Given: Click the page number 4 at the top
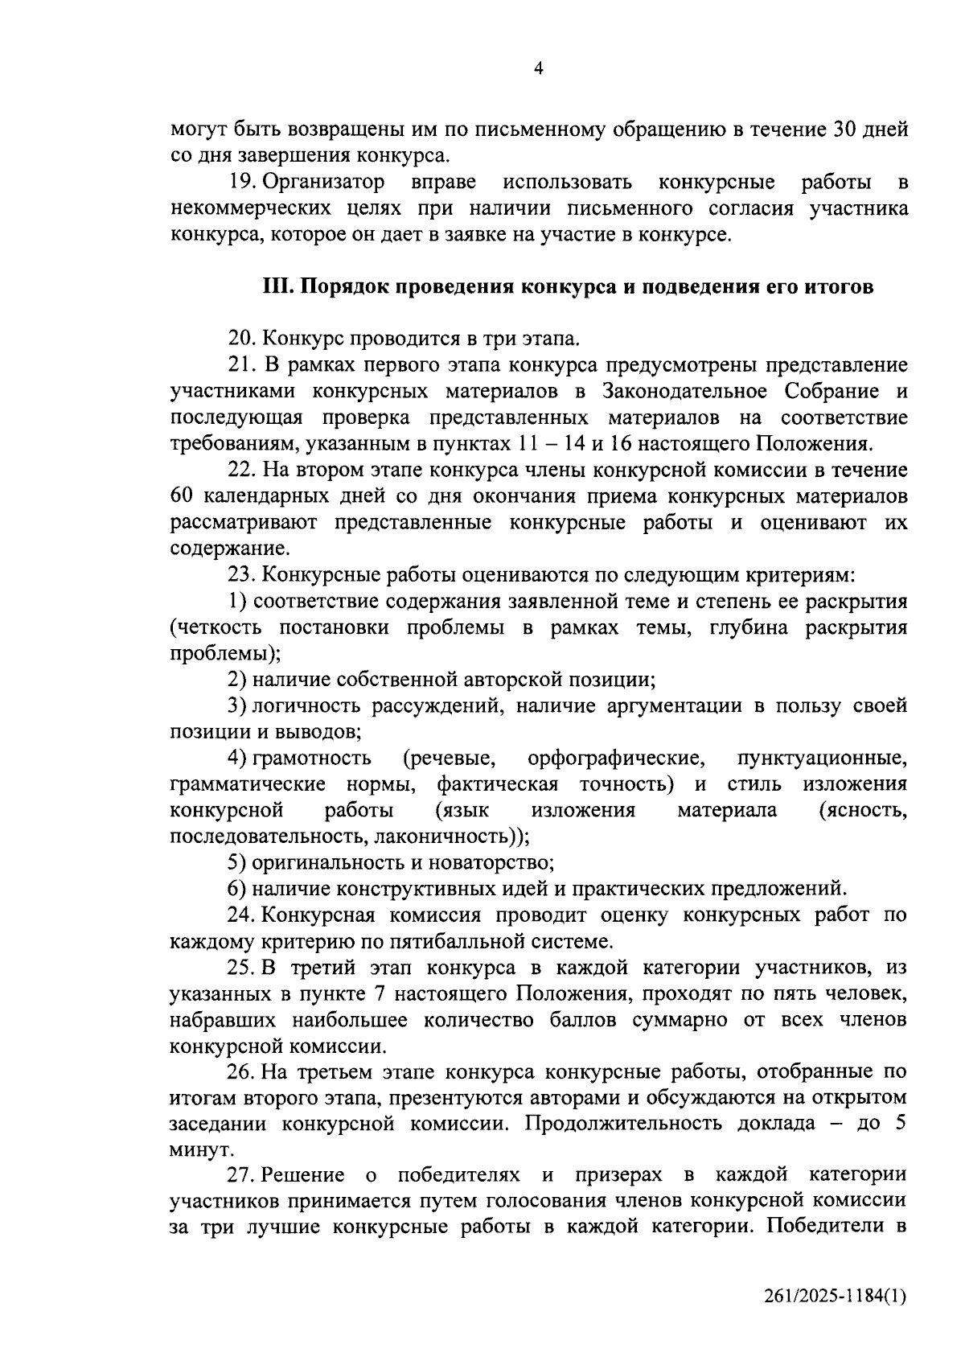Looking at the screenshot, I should click(x=539, y=69).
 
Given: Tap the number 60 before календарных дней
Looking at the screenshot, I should click(x=183, y=496).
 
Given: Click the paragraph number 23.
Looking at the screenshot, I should click(x=242, y=575).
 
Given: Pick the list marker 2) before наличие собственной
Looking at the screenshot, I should click(x=236, y=680).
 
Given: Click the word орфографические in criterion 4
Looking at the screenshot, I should click(x=617, y=758).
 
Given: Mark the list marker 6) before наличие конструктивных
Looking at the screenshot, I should click(x=236, y=889).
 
